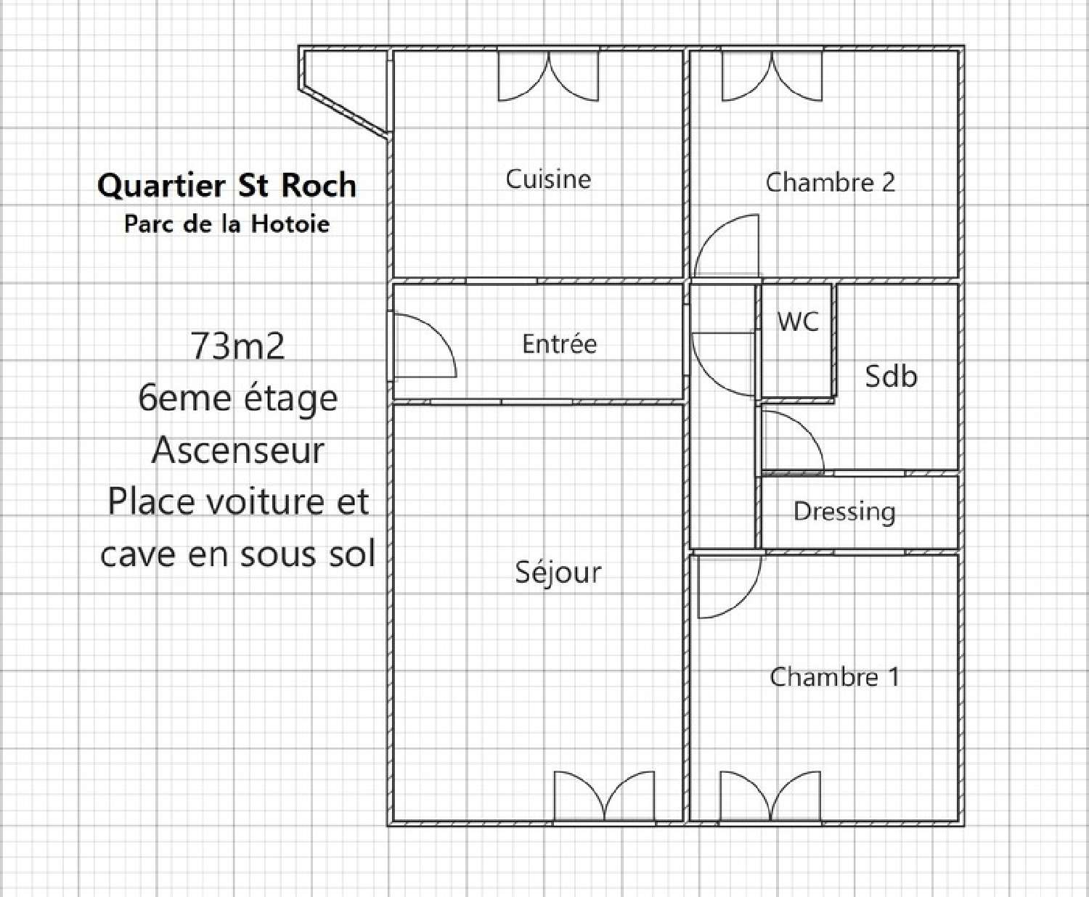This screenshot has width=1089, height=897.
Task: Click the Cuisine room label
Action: [x=548, y=179]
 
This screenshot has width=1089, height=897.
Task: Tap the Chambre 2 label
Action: [x=830, y=181]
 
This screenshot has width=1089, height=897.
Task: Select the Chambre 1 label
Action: [x=834, y=677]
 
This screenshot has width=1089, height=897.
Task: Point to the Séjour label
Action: [x=558, y=573]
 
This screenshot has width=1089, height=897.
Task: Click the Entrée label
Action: [x=559, y=343]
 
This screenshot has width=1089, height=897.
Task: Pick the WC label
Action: [x=797, y=321]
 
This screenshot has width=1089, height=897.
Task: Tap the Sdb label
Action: [x=891, y=376]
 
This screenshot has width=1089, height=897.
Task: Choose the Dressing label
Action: [x=844, y=511]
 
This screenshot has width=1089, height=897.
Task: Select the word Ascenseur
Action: [x=237, y=450]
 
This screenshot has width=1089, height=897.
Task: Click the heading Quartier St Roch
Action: [x=227, y=185]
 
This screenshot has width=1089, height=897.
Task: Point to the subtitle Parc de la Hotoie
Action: [x=227, y=224]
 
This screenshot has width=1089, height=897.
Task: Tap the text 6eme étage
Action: [x=237, y=398]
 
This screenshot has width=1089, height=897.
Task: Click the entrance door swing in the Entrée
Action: [x=423, y=347]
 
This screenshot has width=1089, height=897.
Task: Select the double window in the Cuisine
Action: [x=548, y=75]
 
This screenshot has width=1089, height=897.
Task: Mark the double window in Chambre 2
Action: [x=772, y=75]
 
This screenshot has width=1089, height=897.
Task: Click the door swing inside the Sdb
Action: [x=791, y=443]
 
